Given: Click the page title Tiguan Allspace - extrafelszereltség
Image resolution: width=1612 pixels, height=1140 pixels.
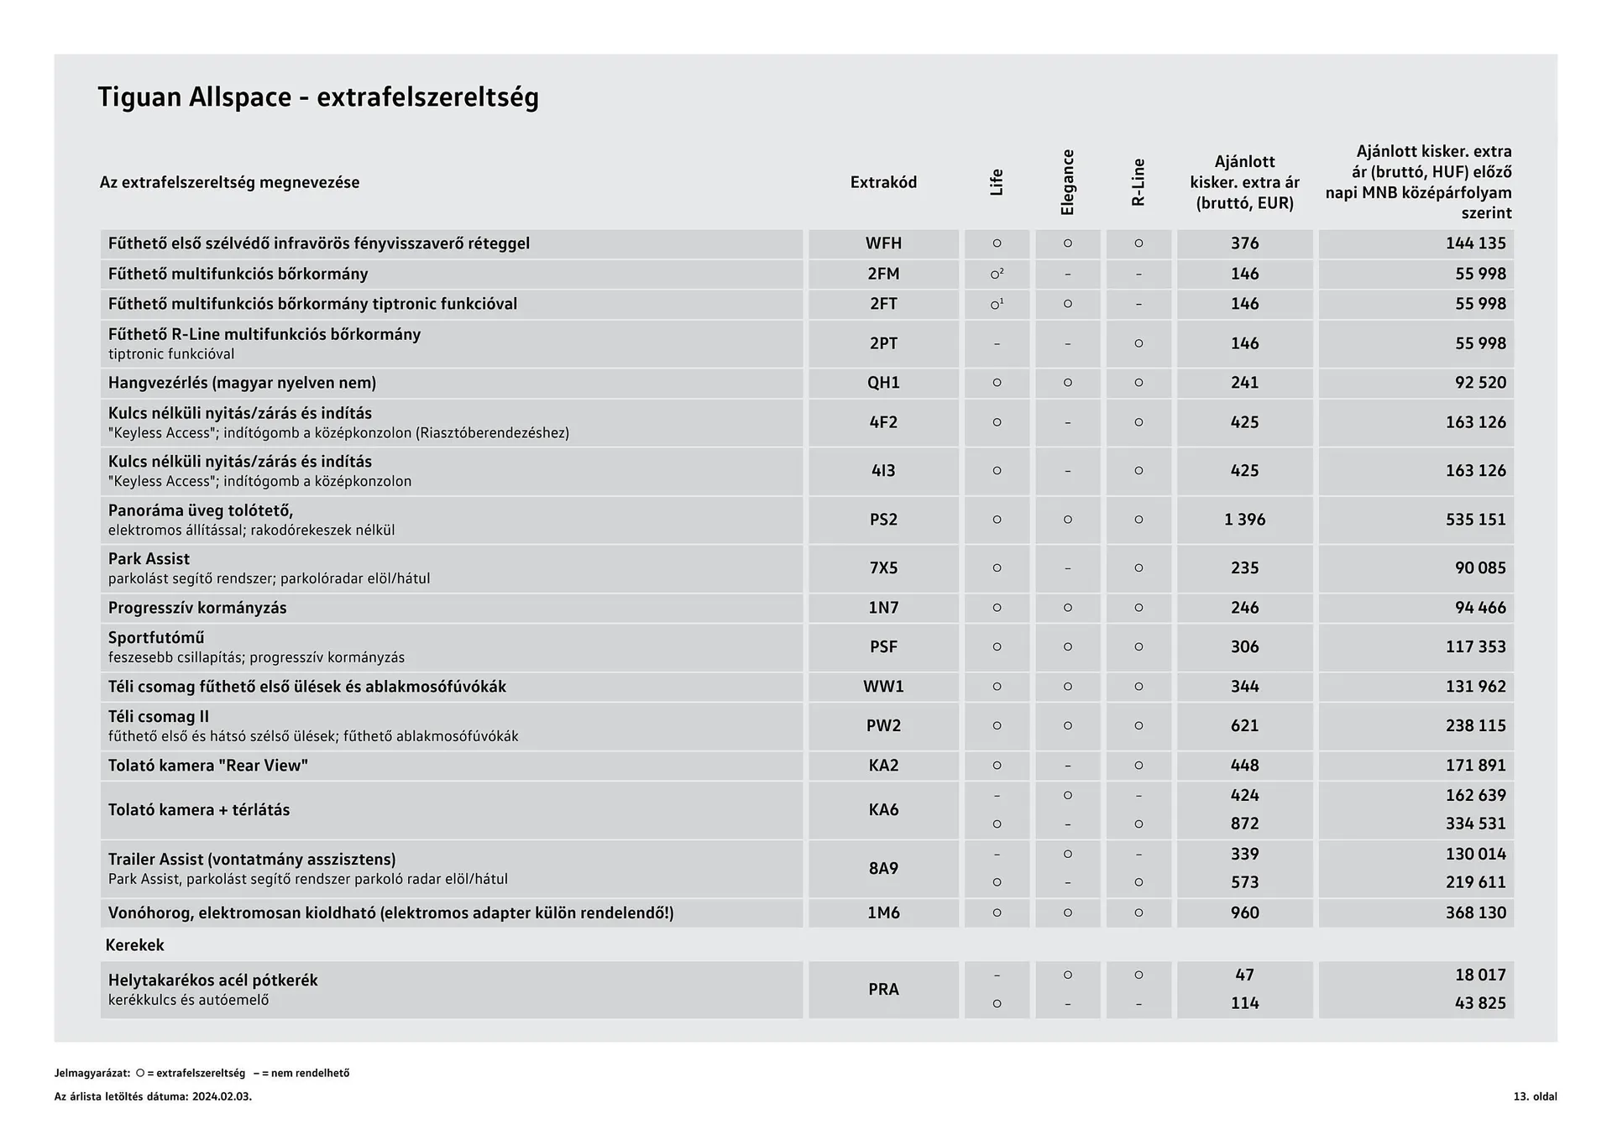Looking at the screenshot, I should pos(317,97).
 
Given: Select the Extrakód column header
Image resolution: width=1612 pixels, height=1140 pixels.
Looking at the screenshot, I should pos(883,182).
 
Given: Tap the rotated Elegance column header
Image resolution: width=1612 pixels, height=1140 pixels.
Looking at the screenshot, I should pos(1067,182).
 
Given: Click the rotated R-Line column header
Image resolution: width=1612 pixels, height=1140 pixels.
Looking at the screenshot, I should pos(1138,182).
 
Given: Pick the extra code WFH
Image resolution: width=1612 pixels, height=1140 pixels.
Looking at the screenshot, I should pos(883,243).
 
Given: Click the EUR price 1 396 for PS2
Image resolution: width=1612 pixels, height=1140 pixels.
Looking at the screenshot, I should pos(1244,520).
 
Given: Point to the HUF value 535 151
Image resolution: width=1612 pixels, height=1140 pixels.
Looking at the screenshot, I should pos(1475,520).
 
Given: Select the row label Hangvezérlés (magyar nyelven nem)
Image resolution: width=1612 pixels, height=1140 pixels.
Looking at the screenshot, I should pos(242,383).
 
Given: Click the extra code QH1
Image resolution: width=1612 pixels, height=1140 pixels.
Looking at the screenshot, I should pos(883,383).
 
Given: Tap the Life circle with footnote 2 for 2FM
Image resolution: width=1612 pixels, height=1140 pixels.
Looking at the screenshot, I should pos(997,274).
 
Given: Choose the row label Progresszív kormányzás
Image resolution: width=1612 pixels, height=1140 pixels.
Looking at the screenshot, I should pos(197,608).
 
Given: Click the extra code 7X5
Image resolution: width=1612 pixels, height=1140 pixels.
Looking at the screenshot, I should pos(883,568).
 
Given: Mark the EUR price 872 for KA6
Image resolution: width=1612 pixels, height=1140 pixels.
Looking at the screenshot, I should pos(1244,824).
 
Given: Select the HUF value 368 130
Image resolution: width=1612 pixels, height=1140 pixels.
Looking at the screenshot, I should pos(1475,913).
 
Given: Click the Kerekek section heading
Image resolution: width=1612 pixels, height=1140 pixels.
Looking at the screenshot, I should pos(134,945).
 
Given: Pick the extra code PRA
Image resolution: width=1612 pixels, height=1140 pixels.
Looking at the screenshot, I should pos(883,990).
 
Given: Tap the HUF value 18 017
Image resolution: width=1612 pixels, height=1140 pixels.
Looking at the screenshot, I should pos(1480,975).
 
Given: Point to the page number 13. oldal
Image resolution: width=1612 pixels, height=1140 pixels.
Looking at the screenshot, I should pos(1535,1096).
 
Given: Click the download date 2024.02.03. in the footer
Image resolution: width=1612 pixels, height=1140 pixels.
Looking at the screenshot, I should pos(222,1096).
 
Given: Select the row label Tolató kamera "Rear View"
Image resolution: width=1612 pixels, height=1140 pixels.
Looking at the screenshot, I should pos(208,766).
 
